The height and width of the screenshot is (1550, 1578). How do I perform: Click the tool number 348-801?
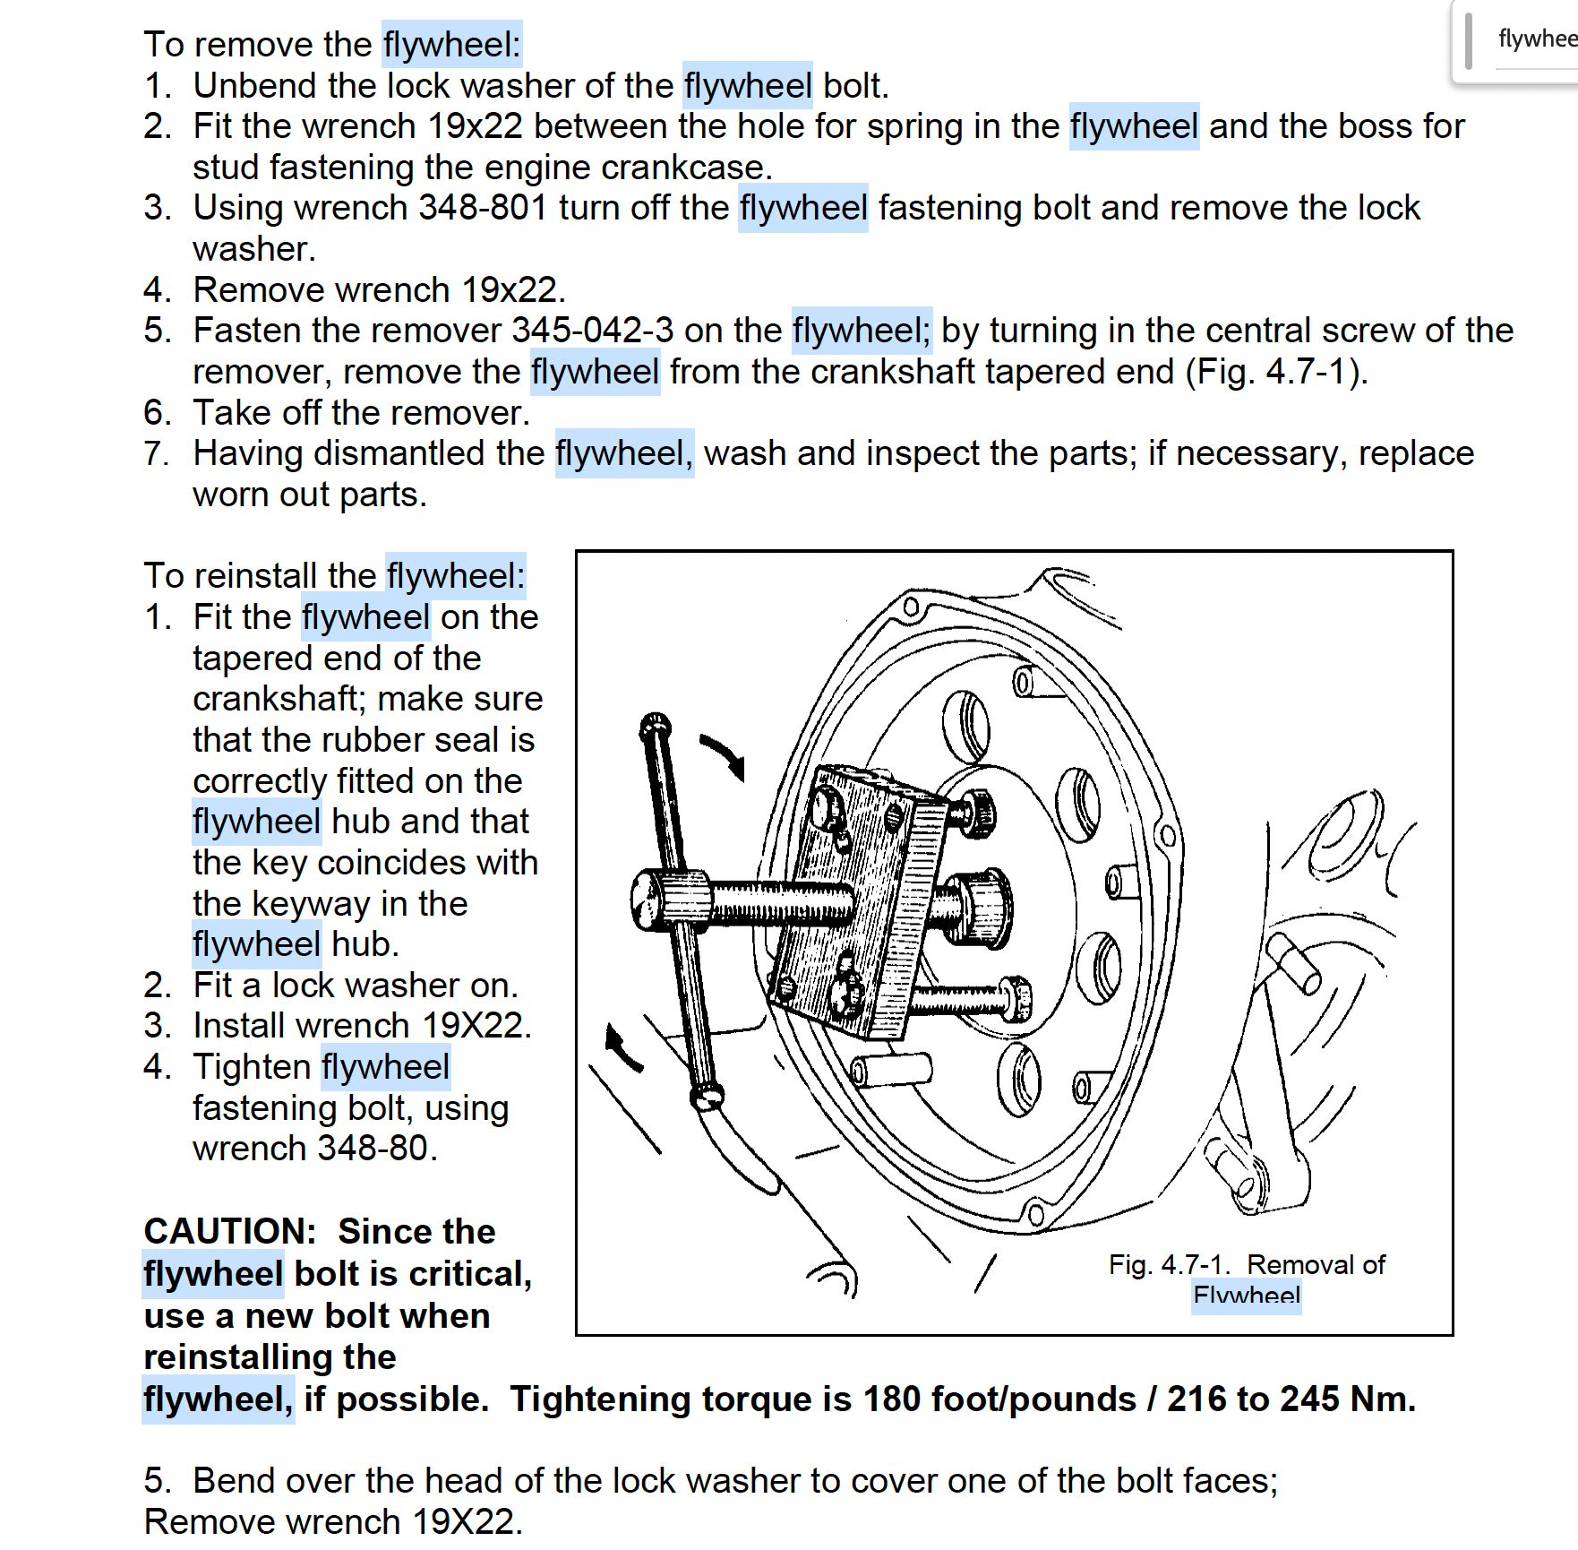(483, 208)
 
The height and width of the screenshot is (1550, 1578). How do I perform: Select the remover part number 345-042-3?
(592, 331)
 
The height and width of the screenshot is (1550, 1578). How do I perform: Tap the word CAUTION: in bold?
(230, 1231)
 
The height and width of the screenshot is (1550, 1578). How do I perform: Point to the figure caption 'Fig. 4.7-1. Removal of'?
(1246, 1264)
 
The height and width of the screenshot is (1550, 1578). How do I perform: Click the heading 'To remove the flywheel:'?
(332, 44)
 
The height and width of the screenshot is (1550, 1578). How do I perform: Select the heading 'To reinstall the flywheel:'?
(334, 575)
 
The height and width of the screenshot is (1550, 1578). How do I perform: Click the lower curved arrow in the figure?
(622, 1048)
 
